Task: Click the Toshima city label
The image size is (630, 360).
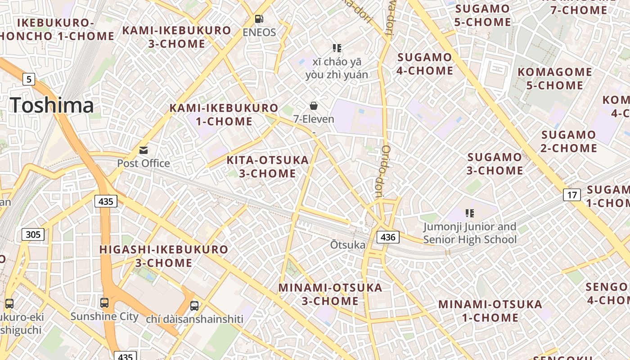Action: coord(52,105)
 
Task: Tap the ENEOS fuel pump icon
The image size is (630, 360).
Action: coord(259,19)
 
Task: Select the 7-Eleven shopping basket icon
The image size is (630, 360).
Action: coord(314,106)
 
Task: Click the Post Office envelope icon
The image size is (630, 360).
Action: coord(144,150)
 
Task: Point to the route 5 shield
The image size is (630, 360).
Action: coord(29,80)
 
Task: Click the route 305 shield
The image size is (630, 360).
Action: coord(33,234)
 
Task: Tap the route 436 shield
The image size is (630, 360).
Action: coord(388,237)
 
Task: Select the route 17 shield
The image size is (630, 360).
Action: coord(571,195)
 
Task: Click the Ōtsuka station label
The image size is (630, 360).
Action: coord(348,245)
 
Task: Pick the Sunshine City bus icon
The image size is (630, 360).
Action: coord(104,302)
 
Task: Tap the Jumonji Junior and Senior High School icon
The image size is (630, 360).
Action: coord(470,213)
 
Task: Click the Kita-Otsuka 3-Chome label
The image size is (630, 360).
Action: coord(267,166)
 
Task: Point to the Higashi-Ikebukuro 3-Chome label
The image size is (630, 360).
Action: coord(164,256)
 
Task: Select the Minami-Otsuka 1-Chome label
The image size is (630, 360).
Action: coord(490,310)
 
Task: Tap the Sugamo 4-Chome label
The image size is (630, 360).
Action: coord(425,64)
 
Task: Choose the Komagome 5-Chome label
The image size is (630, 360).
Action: coord(555,78)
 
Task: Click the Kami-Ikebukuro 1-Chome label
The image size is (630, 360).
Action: coord(224,114)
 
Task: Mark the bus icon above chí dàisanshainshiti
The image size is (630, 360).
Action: coord(194,306)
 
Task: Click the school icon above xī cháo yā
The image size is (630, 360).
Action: coord(337,48)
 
